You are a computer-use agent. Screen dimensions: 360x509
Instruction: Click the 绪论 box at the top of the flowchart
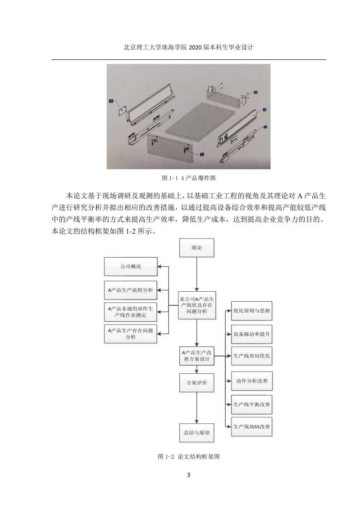[x=197, y=248]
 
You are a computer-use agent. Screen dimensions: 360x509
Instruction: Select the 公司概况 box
[x=131, y=266]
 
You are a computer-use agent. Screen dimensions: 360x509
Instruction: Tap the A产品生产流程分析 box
[x=130, y=290]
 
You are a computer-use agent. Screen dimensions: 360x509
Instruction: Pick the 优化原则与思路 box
[x=252, y=311]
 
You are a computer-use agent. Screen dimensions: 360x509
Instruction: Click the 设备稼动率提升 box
[x=252, y=334]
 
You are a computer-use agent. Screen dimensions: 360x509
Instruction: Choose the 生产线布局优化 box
[x=252, y=356]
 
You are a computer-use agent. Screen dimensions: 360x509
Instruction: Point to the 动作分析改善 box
[x=252, y=381]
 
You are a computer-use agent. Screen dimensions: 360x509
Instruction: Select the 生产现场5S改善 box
[x=252, y=426]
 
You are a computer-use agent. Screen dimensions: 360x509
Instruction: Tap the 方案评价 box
[x=197, y=383]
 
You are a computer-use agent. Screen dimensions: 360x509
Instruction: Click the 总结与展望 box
[x=197, y=433]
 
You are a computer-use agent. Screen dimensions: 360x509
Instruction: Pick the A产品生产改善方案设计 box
[x=197, y=356]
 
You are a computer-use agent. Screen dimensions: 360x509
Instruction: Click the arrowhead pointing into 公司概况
[x=159, y=267]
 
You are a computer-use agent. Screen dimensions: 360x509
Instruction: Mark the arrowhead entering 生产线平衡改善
[x=229, y=405]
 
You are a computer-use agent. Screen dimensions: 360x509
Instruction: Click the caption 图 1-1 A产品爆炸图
[x=188, y=178]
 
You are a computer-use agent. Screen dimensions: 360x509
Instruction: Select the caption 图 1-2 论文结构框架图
[x=188, y=456]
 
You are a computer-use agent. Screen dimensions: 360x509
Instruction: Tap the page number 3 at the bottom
[x=188, y=475]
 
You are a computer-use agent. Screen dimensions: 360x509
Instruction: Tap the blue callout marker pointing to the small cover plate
[x=111, y=101]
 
